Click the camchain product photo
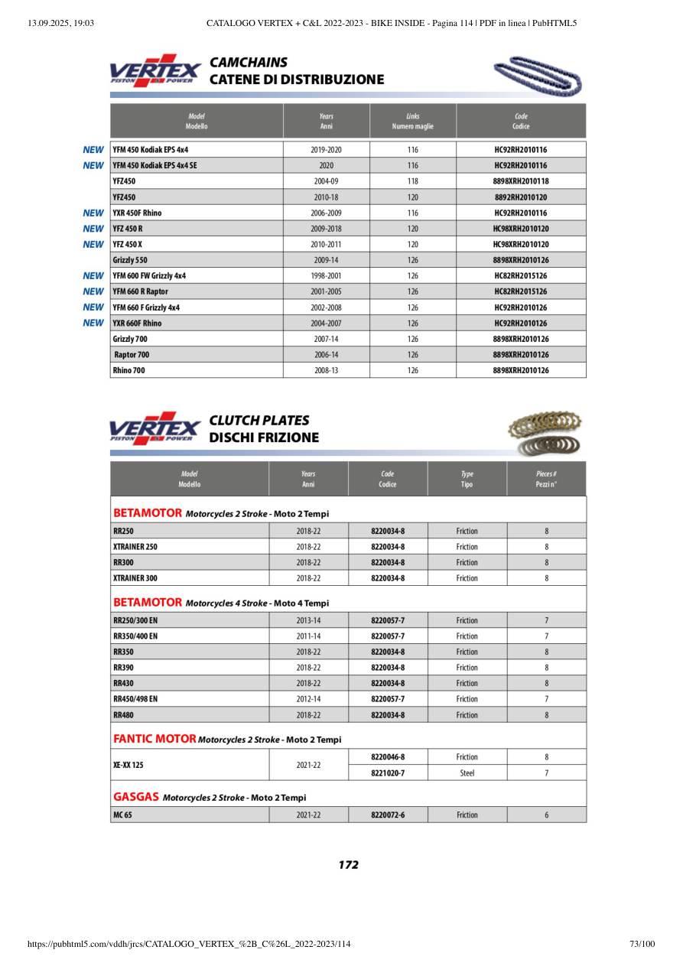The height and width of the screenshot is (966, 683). pyautogui.click(x=538, y=75)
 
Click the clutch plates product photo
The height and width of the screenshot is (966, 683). pyautogui.click(x=543, y=434)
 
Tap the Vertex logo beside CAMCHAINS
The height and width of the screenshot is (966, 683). pyautogui.click(x=155, y=70)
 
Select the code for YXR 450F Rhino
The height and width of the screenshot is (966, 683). pyautogui.click(x=521, y=213)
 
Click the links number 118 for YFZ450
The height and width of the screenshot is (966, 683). pyautogui.click(x=413, y=181)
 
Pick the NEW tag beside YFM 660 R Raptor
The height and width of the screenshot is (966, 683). pyautogui.click(x=93, y=291)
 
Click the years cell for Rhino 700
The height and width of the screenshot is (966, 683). pyautogui.click(x=326, y=370)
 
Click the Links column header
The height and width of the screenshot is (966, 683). pyautogui.click(x=413, y=121)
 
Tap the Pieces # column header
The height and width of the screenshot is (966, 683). pyautogui.click(x=546, y=479)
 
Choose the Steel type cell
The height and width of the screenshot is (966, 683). pyautogui.click(x=467, y=773)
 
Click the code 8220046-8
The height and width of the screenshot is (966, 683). pyautogui.click(x=388, y=757)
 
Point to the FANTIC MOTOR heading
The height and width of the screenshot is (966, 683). pyautogui.click(x=154, y=740)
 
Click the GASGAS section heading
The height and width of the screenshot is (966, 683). pyautogui.click(x=136, y=797)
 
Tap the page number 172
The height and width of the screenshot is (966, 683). pyautogui.click(x=348, y=865)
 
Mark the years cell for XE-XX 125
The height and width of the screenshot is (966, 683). pyautogui.click(x=308, y=765)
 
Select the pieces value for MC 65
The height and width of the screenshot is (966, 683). pyautogui.click(x=546, y=815)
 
